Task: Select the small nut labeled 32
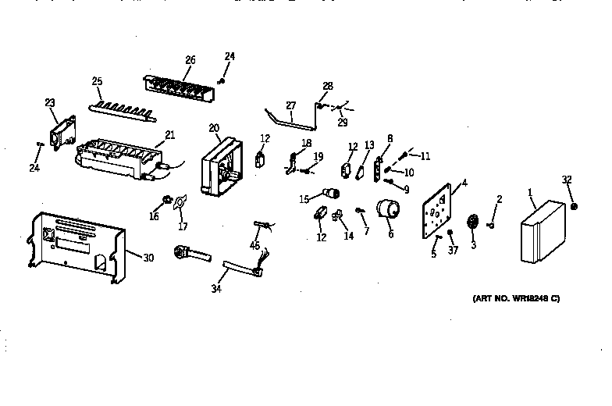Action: (575, 206)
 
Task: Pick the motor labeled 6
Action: (387, 212)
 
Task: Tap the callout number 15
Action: (304, 198)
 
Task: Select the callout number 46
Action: (254, 247)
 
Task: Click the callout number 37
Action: (453, 251)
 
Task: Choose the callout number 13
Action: (369, 144)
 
